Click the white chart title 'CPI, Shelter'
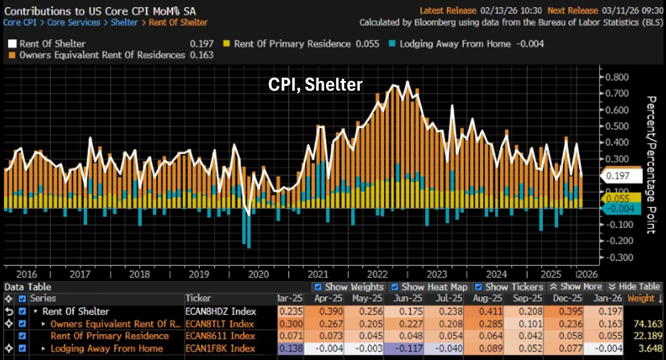pyautogui.click(x=315, y=85)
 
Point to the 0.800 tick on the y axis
pyautogui.click(x=615, y=77)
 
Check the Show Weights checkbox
pyautogui.click(x=318, y=287)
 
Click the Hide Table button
pyautogui.click(x=633, y=287)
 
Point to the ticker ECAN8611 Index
pyautogui.click(x=220, y=336)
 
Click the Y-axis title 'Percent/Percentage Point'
pyautogui.click(x=650, y=165)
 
